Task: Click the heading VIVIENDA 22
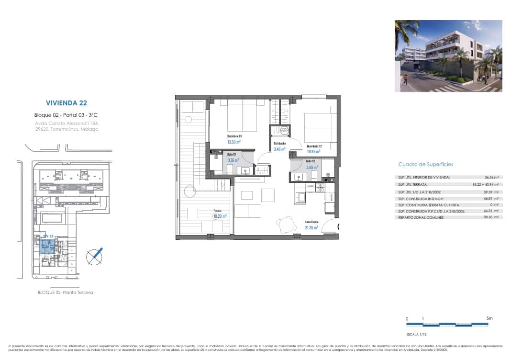pos(66,102)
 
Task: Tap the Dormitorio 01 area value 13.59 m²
pos(233,142)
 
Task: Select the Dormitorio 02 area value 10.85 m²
pos(313,151)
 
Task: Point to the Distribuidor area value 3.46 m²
pos(279,149)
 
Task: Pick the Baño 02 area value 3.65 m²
pos(312,168)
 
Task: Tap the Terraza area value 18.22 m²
pos(220,216)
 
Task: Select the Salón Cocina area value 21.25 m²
pos(312,227)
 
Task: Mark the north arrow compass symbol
pos(94,257)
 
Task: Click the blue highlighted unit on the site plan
pos(47,247)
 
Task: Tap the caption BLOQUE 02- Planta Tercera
pos(65,292)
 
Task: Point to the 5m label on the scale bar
pos(489,318)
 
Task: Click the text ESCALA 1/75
pos(412,335)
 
